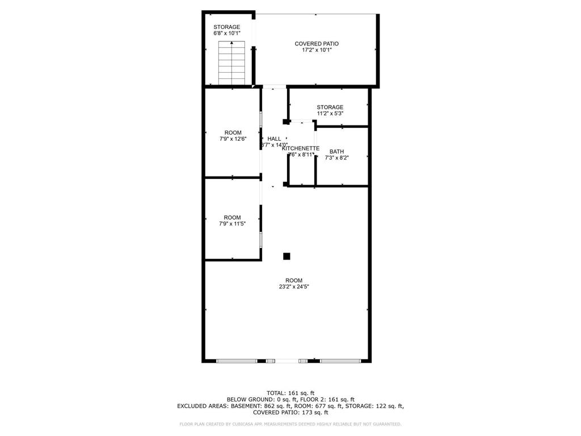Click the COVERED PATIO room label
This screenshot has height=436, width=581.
[317, 44]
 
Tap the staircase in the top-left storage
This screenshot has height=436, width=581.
[231, 64]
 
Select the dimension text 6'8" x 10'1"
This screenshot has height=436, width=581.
[226, 33]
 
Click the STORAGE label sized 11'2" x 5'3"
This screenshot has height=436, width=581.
[330, 107]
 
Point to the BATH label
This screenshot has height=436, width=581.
[337, 152]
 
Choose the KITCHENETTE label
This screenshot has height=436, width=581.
[301, 148]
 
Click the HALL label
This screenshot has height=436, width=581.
[274, 139]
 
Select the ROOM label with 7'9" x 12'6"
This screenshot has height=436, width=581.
[233, 133]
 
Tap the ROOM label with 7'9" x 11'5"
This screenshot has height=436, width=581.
[232, 217]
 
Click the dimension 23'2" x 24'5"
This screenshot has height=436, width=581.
[294, 287]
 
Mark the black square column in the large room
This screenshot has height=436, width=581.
[287, 256]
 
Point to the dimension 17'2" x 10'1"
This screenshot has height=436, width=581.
[317, 50]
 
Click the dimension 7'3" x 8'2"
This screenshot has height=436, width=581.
[336, 158]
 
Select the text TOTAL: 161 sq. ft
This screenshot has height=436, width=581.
[290, 393]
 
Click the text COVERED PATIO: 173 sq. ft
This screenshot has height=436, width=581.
[290, 412]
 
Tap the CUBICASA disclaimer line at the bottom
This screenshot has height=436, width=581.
[290, 424]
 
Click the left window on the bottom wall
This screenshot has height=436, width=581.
[237, 360]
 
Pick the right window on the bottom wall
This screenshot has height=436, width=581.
[340, 360]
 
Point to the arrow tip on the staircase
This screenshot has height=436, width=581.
[231, 43]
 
